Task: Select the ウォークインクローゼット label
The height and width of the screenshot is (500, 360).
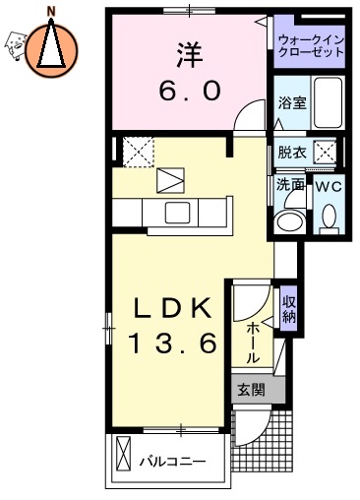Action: pos(309,45)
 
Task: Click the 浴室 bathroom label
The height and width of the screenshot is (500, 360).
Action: pos(291,101)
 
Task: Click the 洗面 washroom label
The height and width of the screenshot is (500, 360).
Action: pos(289,184)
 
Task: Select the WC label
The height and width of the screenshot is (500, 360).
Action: pos(328,184)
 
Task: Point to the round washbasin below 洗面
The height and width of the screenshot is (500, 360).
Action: pos(291,219)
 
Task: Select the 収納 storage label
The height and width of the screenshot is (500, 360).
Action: pos(288,308)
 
